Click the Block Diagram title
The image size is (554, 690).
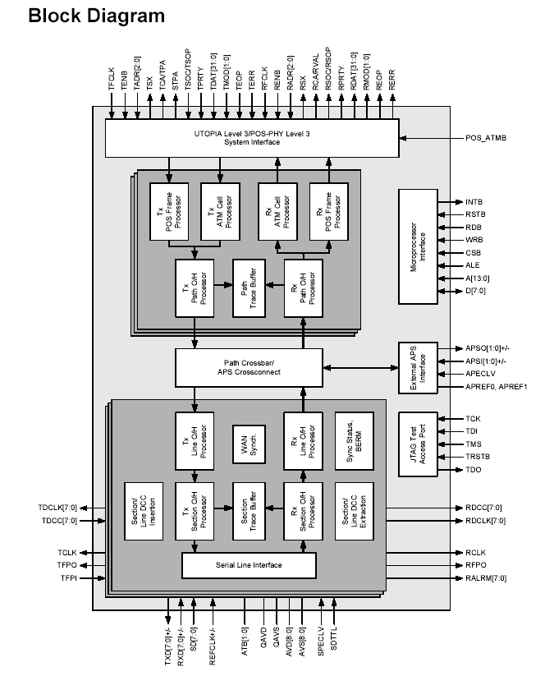click(x=96, y=16)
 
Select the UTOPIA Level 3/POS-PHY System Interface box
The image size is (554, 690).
click(x=252, y=137)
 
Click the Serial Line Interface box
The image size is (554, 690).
click(x=249, y=565)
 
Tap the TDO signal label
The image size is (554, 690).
click(x=474, y=470)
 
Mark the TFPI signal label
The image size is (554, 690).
click(x=68, y=579)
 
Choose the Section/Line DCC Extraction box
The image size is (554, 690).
click(x=354, y=510)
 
